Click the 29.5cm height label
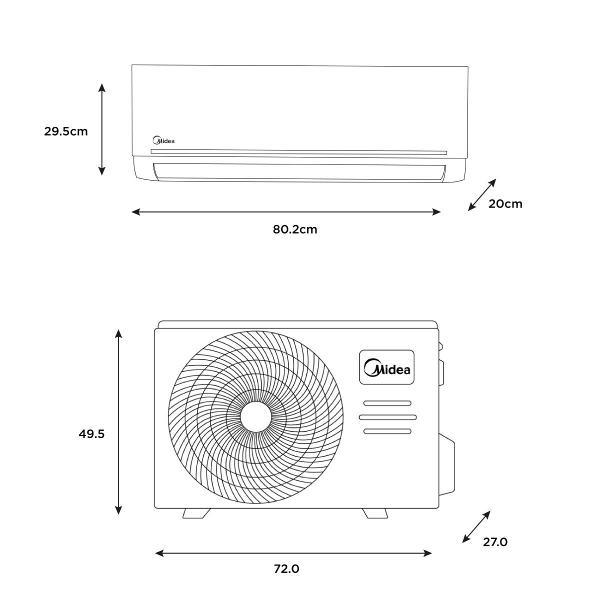click(x=65, y=131)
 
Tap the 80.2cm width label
click(x=295, y=229)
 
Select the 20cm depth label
click(x=505, y=204)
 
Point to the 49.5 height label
click(x=91, y=433)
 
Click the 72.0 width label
click(x=286, y=569)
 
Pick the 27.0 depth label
click(x=495, y=542)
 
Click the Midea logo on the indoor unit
click(x=163, y=140)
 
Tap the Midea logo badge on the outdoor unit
click(x=386, y=367)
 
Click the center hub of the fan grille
click(x=256, y=417)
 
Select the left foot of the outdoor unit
click(x=196, y=513)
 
